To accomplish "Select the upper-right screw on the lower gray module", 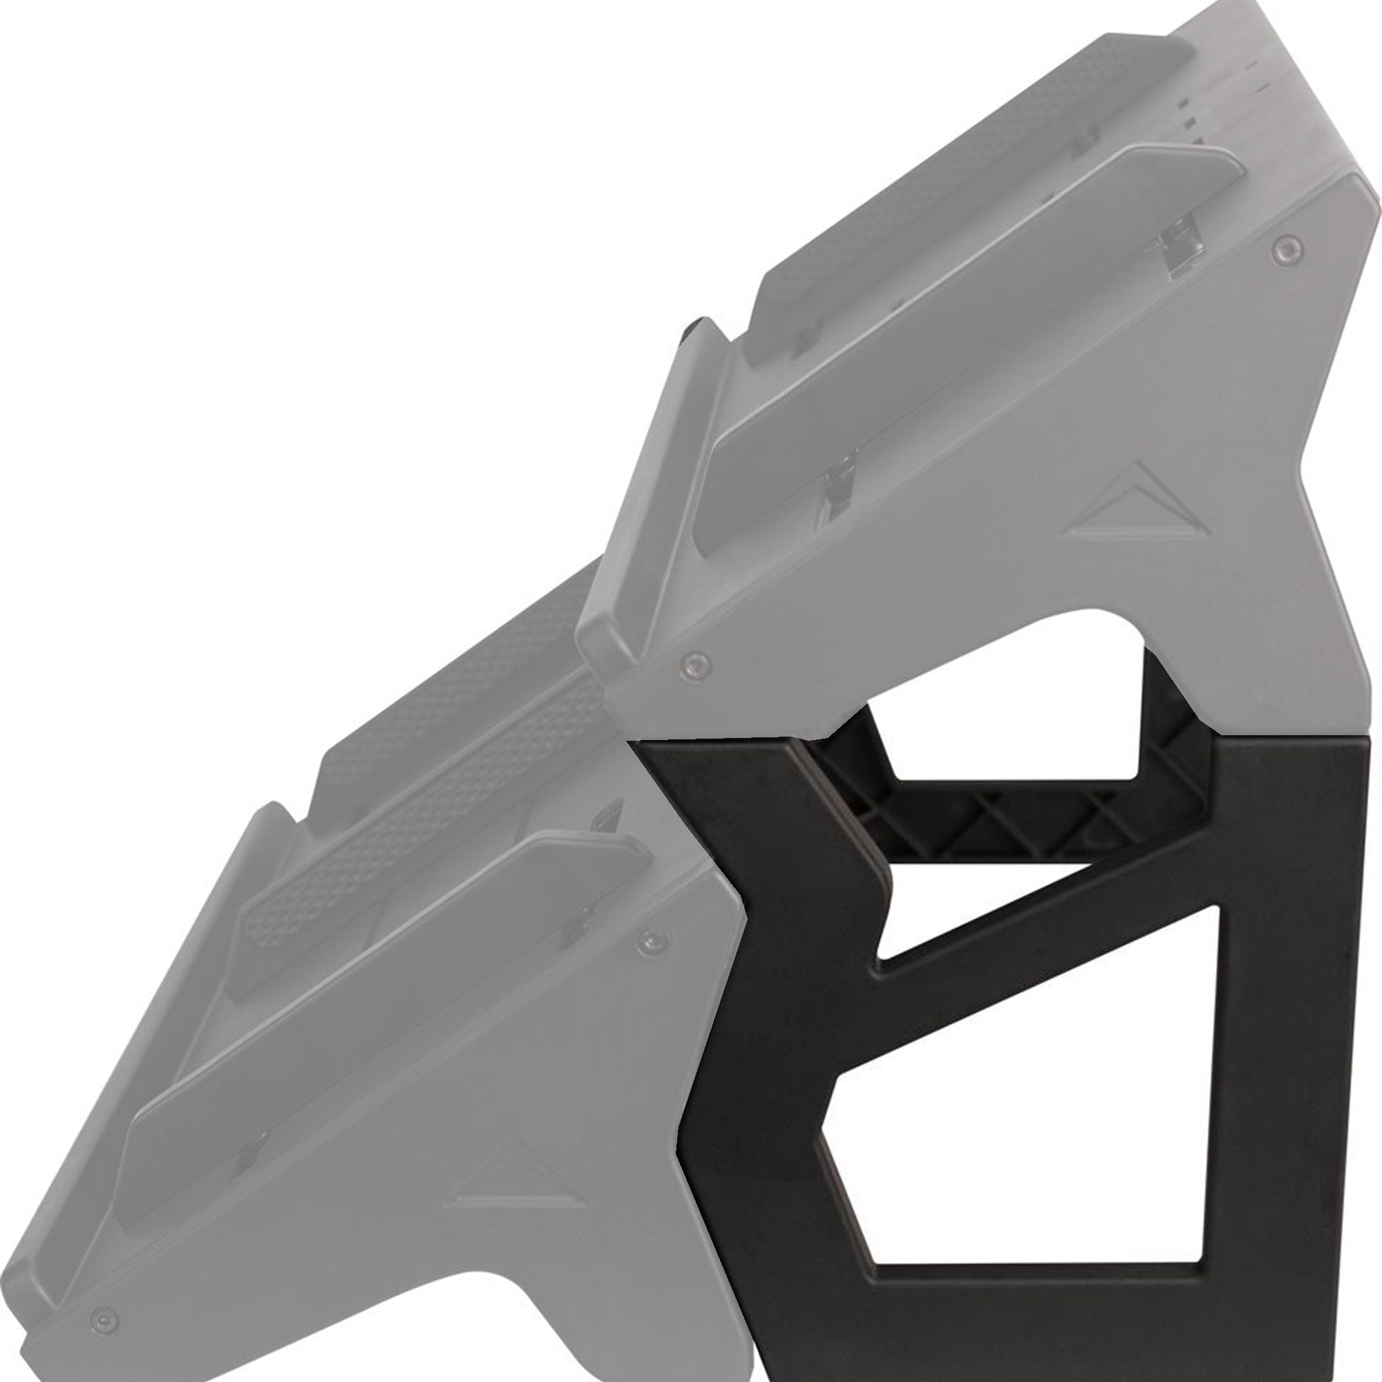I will click(x=650, y=938).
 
